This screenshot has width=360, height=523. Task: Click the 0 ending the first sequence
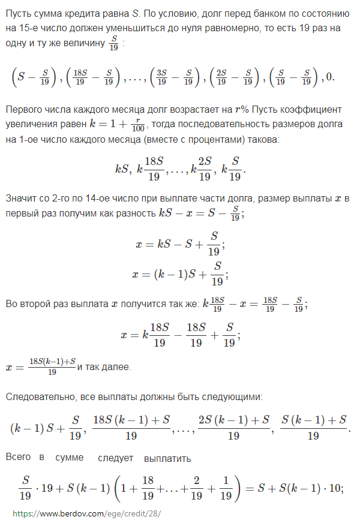click(332, 77)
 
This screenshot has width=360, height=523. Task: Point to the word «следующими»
click(233, 397)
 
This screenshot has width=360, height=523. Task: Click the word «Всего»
click(18, 458)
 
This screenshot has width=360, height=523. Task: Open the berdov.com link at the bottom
click(86, 514)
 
